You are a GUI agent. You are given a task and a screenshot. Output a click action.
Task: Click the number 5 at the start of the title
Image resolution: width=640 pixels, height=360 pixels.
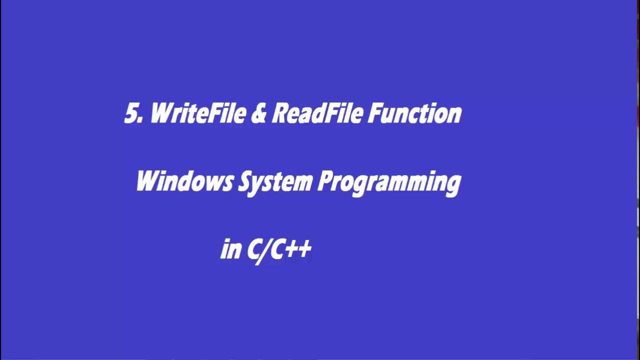coord(131,114)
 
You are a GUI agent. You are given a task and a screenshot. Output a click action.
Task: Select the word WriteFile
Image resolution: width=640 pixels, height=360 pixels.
coord(197,114)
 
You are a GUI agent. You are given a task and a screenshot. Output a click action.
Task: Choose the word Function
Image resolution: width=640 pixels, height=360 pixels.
coord(415,114)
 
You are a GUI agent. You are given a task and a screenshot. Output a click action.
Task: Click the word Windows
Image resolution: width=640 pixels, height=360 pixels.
coord(184,182)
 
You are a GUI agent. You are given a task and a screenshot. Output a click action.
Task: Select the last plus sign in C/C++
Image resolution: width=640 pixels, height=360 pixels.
coord(304,249)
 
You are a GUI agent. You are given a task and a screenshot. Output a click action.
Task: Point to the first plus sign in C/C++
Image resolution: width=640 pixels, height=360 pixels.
coord(290,249)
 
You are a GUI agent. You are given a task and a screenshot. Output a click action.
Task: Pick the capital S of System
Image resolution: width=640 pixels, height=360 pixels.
coord(243,182)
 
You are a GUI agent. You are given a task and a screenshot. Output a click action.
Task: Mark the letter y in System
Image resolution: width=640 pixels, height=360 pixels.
coord(255,185)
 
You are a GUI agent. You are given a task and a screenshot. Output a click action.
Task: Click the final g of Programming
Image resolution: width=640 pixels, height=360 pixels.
coord(453,185)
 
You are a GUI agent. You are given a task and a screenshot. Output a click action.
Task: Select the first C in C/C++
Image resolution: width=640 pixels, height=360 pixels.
coord(253,249)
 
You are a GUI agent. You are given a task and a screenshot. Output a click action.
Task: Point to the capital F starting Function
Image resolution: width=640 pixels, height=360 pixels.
coord(374,114)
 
